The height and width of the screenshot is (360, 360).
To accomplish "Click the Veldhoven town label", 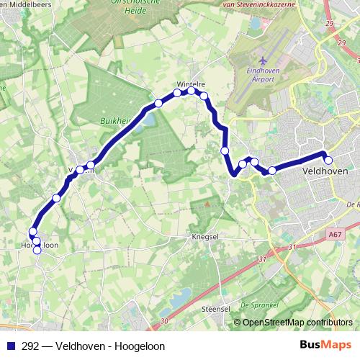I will click(x=326, y=172).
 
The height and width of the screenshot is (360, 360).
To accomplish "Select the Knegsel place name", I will click(x=205, y=235).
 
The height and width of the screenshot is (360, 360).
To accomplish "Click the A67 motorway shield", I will click(x=333, y=234).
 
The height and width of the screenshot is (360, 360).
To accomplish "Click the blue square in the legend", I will click(x=11, y=345).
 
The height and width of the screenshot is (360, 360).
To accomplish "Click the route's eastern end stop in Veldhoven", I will click(x=328, y=161).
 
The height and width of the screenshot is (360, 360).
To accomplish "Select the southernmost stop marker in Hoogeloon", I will click(x=37, y=250).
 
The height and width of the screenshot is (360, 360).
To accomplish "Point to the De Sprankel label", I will click(x=258, y=305).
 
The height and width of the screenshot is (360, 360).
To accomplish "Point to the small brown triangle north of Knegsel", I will click(x=207, y=204).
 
